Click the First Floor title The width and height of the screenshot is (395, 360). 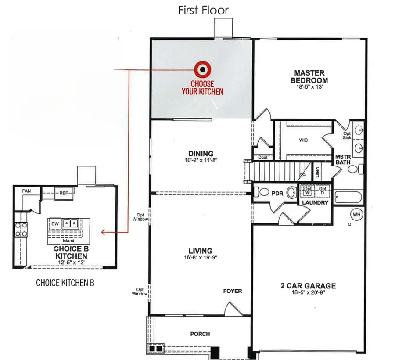pyautogui.click(x=203, y=10)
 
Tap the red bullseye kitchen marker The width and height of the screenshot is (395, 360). pyautogui.click(x=202, y=68)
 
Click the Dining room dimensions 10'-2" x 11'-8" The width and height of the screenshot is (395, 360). pyautogui.click(x=201, y=160)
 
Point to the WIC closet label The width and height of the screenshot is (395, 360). pyautogui.click(x=303, y=140)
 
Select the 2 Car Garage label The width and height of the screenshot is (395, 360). pyautogui.click(x=308, y=286)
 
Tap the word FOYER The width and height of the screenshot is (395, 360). pyautogui.click(x=232, y=291)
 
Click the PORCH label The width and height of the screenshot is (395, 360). pyautogui.click(x=200, y=334)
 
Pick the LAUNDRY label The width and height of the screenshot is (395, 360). pyautogui.click(x=315, y=203)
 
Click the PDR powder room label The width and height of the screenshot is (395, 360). pyautogui.click(x=276, y=193)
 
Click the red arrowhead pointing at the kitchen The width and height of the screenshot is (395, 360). pyautogui.click(x=103, y=232)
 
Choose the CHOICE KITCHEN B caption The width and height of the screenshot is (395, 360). pyautogui.click(x=65, y=283)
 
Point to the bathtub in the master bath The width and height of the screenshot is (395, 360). pyautogui.click(x=348, y=198)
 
